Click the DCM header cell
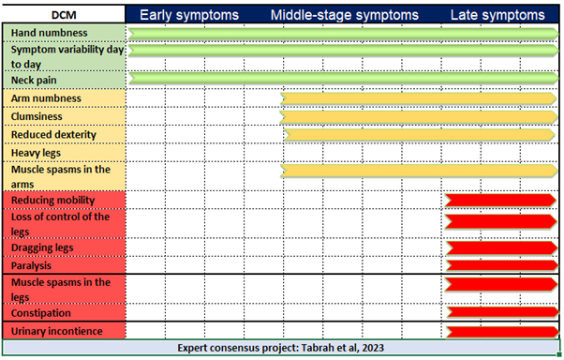tap(64, 15)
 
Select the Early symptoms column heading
tap(189, 15)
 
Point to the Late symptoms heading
tap(497, 15)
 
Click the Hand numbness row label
tap(50, 33)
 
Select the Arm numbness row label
tap(46, 98)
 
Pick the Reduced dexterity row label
tap(54, 135)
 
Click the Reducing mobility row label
tap(54, 200)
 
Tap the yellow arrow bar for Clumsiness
tap(418, 116)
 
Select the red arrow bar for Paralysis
tap(500, 266)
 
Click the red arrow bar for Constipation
tap(500, 312)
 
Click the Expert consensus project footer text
tap(281, 348)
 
